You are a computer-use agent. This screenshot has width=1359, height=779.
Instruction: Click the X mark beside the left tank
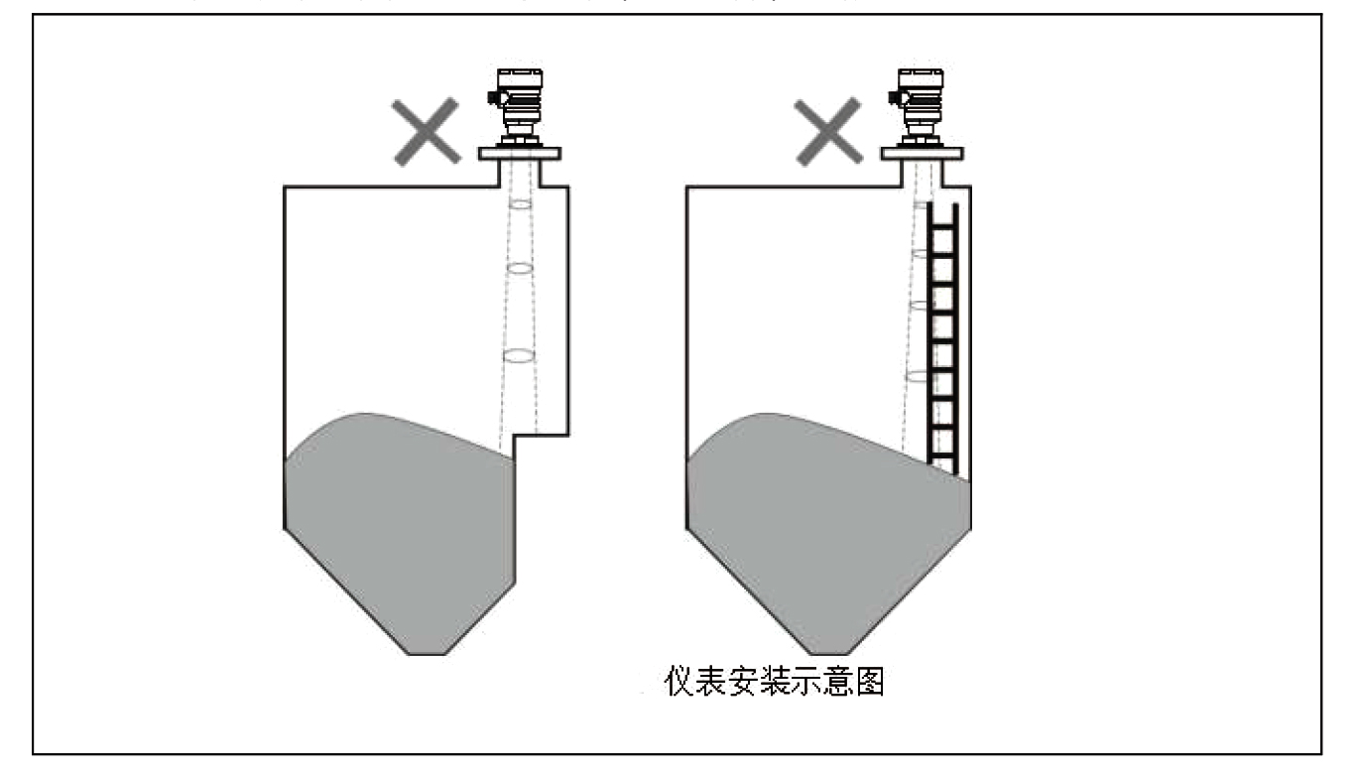pyautogui.click(x=425, y=131)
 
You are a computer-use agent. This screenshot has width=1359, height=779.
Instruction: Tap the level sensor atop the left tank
pyautogui.click(x=519, y=103)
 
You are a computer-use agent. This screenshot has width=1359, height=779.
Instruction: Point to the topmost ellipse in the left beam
pyautogui.click(x=520, y=203)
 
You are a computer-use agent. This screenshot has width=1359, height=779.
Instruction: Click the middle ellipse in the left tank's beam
pyautogui.click(x=520, y=269)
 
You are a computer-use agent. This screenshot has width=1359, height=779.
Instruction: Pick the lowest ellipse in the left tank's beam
pyautogui.click(x=519, y=354)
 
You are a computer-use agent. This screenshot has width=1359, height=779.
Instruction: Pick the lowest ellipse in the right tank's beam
pyautogui.click(x=917, y=376)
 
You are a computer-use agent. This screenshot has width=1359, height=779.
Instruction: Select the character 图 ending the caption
pyautogui.click(x=868, y=685)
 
